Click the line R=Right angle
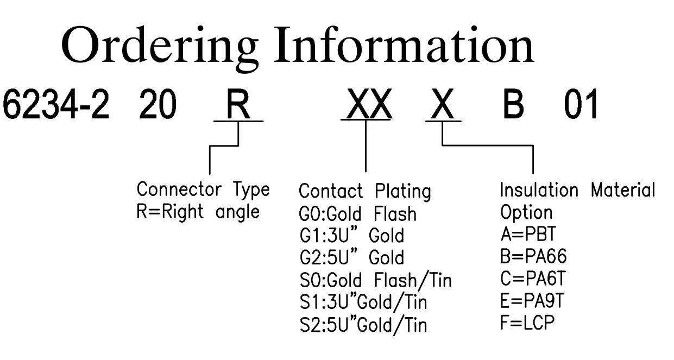pos(197,211)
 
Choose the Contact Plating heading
pos(365,192)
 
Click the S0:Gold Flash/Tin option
pos(375,281)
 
